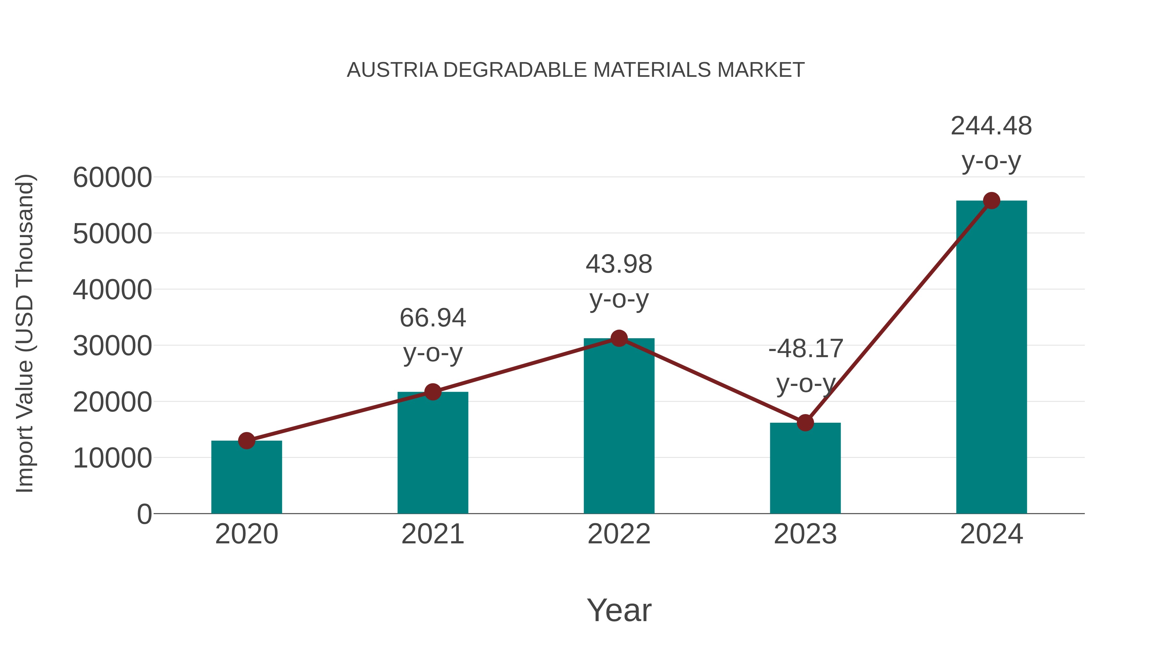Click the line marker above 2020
(x=246, y=441)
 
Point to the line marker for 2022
(x=619, y=339)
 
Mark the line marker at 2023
(x=805, y=423)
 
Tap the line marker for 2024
(x=991, y=201)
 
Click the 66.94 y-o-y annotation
(x=432, y=335)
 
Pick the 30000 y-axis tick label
(x=112, y=346)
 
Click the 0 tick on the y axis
(x=144, y=514)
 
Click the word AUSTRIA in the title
(x=392, y=70)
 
